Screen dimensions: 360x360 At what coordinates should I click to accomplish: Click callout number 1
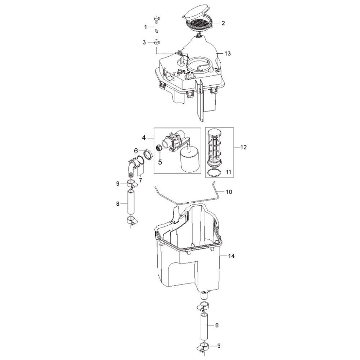click(x=145, y=27)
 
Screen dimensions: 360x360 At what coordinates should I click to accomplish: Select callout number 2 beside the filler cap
click(x=223, y=23)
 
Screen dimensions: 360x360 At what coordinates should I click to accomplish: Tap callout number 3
click(x=144, y=42)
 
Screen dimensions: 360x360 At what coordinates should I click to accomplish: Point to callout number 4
click(x=144, y=138)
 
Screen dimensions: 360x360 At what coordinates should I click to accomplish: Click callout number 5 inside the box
click(x=160, y=162)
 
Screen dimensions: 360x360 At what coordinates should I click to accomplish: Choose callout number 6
click(x=136, y=151)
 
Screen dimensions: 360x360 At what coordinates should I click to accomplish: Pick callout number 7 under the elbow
click(x=140, y=180)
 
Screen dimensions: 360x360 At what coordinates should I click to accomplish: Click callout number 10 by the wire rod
click(x=229, y=192)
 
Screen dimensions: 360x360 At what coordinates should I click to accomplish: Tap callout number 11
click(x=228, y=172)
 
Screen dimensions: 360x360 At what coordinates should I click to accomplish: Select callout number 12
click(x=243, y=147)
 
